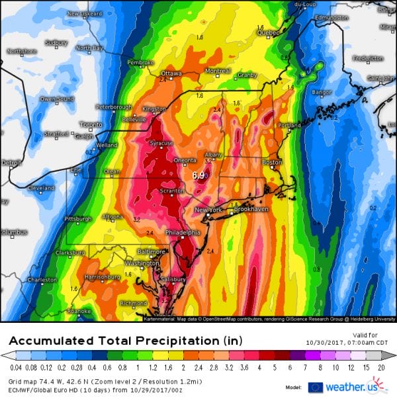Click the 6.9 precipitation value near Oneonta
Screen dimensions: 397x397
click(198, 176)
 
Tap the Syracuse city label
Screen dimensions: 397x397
click(161, 143)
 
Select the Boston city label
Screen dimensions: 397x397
click(272, 162)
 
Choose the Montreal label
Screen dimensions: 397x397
click(218, 71)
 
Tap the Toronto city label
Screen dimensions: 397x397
click(91, 124)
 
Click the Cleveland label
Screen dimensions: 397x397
click(41, 188)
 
